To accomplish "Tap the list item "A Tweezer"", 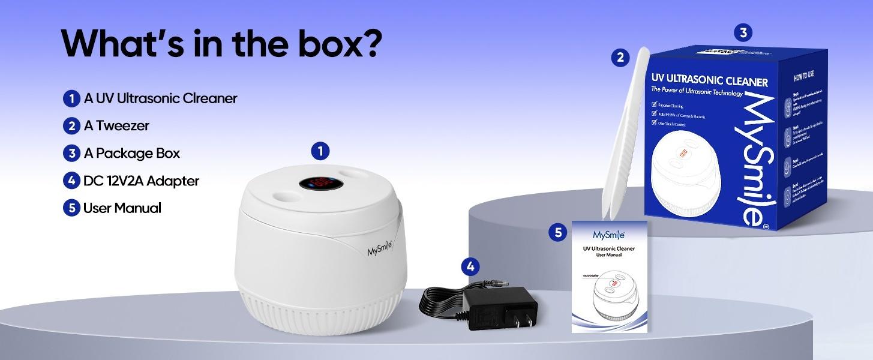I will [116, 126].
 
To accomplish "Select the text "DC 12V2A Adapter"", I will [141, 181].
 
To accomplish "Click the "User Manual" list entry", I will [122, 208].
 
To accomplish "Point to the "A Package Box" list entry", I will [131, 154].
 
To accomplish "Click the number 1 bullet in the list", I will [71, 98].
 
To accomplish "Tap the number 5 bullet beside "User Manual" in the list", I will [71, 208].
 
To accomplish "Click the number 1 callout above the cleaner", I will [320, 151].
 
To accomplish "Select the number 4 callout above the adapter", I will [470, 266].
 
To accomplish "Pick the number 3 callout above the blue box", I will [743, 32].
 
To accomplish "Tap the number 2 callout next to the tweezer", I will [620, 58].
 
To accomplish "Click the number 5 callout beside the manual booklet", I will [558, 232].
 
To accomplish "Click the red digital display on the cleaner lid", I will [322, 181].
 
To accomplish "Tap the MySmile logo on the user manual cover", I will [609, 234].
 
